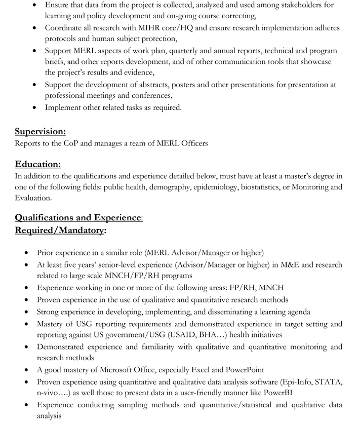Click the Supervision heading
click(40, 132)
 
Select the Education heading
click(37, 164)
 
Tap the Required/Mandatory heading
click(60, 231)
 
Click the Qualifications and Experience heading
click(78, 218)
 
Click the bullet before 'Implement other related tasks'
click(34, 108)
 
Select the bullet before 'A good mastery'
click(26, 370)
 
